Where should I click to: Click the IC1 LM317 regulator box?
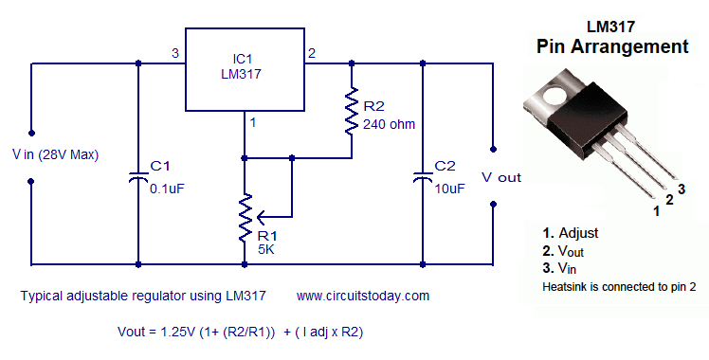tap(243, 68)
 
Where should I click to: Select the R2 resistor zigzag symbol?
tap(351, 113)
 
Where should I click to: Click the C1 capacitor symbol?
tap(139, 177)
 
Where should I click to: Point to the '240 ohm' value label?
tap(389, 123)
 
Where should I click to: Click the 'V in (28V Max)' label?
tap(55, 154)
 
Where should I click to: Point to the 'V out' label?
tap(501, 177)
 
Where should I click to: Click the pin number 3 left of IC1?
tap(173, 53)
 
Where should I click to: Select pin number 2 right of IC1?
tap(313, 53)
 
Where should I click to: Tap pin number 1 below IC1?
tap(253, 121)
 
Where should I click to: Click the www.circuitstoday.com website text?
tap(363, 296)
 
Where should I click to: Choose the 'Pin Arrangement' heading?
tap(612, 45)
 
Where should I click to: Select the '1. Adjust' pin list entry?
tap(571, 232)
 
